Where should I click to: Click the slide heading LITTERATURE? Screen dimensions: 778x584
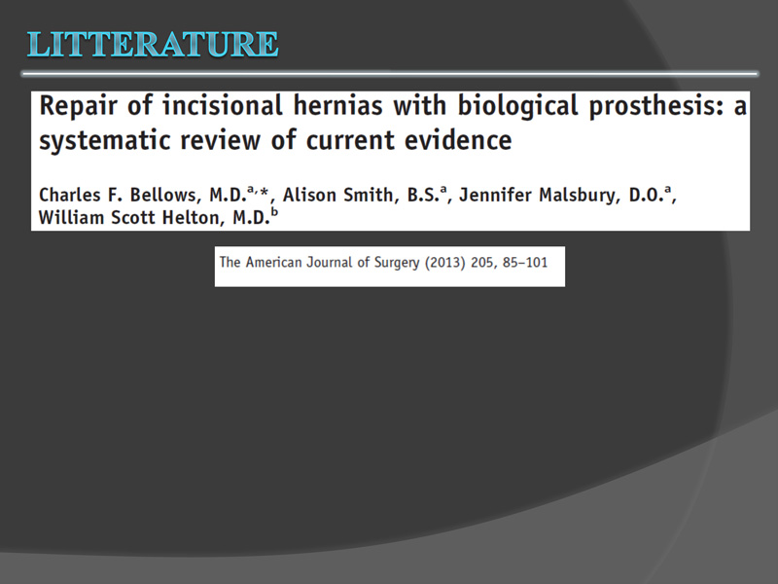point(153,44)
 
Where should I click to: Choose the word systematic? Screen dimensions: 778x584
point(104,141)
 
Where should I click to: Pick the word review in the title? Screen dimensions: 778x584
point(220,140)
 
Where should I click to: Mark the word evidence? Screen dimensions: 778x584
point(458,139)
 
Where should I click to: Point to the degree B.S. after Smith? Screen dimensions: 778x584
point(424,196)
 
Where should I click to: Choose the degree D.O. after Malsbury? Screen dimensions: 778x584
point(647,196)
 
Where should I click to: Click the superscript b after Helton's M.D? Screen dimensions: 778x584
point(274,213)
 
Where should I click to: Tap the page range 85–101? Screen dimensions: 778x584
point(524,262)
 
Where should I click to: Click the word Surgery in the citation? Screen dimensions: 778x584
point(397,263)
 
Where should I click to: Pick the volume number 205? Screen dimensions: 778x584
point(482,263)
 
